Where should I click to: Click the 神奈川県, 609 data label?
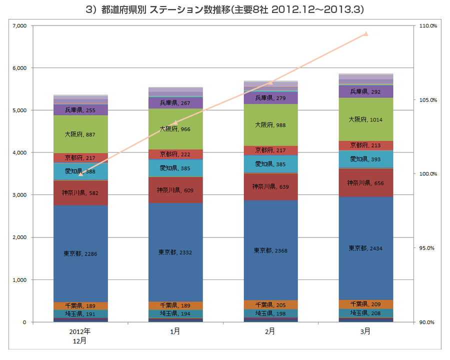point(175,190)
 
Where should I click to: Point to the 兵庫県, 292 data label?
point(365,91)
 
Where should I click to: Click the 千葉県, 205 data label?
point(270,304)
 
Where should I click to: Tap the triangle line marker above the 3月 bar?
point(366,34)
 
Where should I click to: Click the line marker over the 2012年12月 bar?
point(81,174)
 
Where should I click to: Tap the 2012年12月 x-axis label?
point(80,335)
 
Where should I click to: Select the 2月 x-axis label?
point(270,331)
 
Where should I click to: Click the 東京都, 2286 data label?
point(80,254)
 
